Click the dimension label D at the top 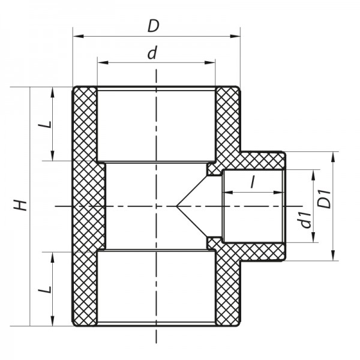pyautogui.click(x=155, y=26)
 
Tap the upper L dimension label pyautogui.click(x=43, y=125)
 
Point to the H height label pyautogui.click(x=22, y=205)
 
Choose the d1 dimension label pyautogui.click(x=305, y=220)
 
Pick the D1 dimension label pyautogui.click(x=325, y=198)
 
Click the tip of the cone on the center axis pyautogui.click(x=176, y=206)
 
